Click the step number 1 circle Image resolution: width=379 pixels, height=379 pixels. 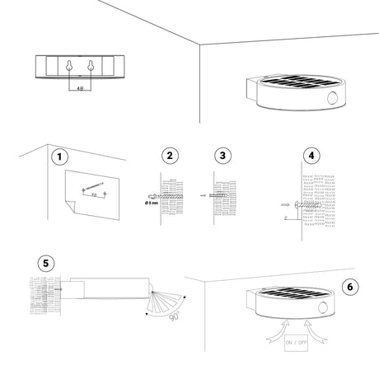tap(58, 156)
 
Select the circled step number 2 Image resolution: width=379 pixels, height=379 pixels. tap(169, 156)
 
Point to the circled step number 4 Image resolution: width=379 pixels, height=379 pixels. tap(311, 156)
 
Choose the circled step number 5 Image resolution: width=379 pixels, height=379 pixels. tap(48, 264)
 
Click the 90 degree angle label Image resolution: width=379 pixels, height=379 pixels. tap(174, 314)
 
